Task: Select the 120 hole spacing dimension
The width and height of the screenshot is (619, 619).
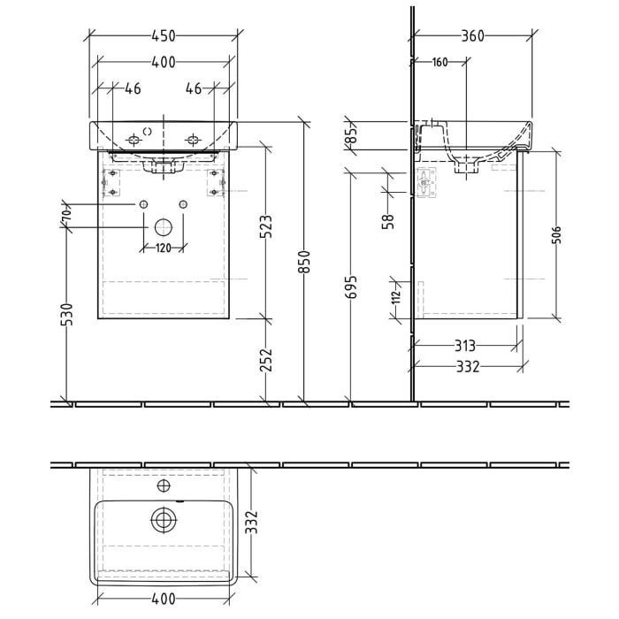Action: coord(163,248)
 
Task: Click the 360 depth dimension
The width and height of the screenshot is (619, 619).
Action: coord(473,36)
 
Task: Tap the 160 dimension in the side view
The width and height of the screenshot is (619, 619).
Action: coord(439,63)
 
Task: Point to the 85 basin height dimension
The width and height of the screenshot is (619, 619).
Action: coord(350,135)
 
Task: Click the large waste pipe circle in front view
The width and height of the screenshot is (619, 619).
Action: coord(163,227)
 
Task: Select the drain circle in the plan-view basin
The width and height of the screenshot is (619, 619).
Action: coord(163,521)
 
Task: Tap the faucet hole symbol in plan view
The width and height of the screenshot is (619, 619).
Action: coord(163,485)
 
